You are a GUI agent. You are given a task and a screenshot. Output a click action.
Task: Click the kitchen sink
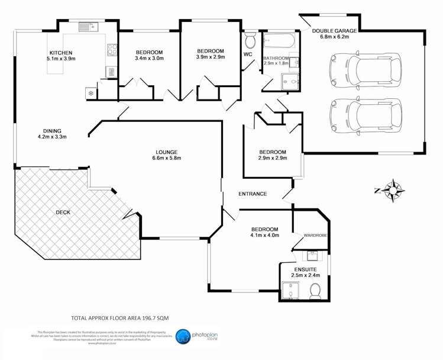[88, 27]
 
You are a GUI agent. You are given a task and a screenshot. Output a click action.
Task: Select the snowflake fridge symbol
[90, 93]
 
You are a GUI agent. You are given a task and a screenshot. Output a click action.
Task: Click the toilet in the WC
[250, 41]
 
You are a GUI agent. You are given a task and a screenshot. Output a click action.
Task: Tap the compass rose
[393, 190]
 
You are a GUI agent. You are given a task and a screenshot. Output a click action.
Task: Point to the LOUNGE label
[166, 152]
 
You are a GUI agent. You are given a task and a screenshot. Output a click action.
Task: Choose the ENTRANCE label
[253, 194]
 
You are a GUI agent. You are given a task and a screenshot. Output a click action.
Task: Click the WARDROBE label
[315, 236]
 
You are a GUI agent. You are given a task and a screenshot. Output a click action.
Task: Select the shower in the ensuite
[290, 290]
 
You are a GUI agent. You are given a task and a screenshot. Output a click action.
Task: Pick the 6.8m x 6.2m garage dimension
[335, 37]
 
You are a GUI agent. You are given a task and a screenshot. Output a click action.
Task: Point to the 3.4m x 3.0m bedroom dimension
[148, 59]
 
